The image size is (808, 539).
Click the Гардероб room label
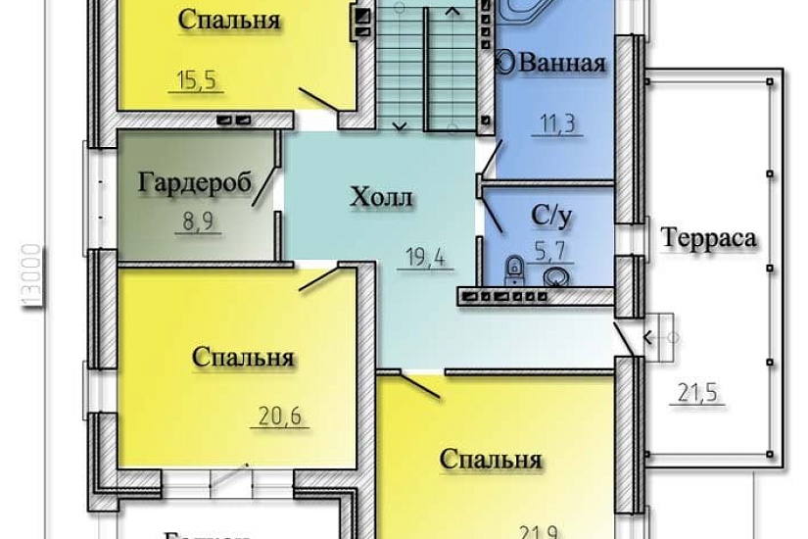pos(196,182)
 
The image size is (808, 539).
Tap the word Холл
pos(382,199)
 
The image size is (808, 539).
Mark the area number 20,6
pos(280,418)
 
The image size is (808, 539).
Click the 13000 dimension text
pos(30,277)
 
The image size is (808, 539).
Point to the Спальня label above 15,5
pos(230,21)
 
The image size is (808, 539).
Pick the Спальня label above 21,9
pos(491,460)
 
